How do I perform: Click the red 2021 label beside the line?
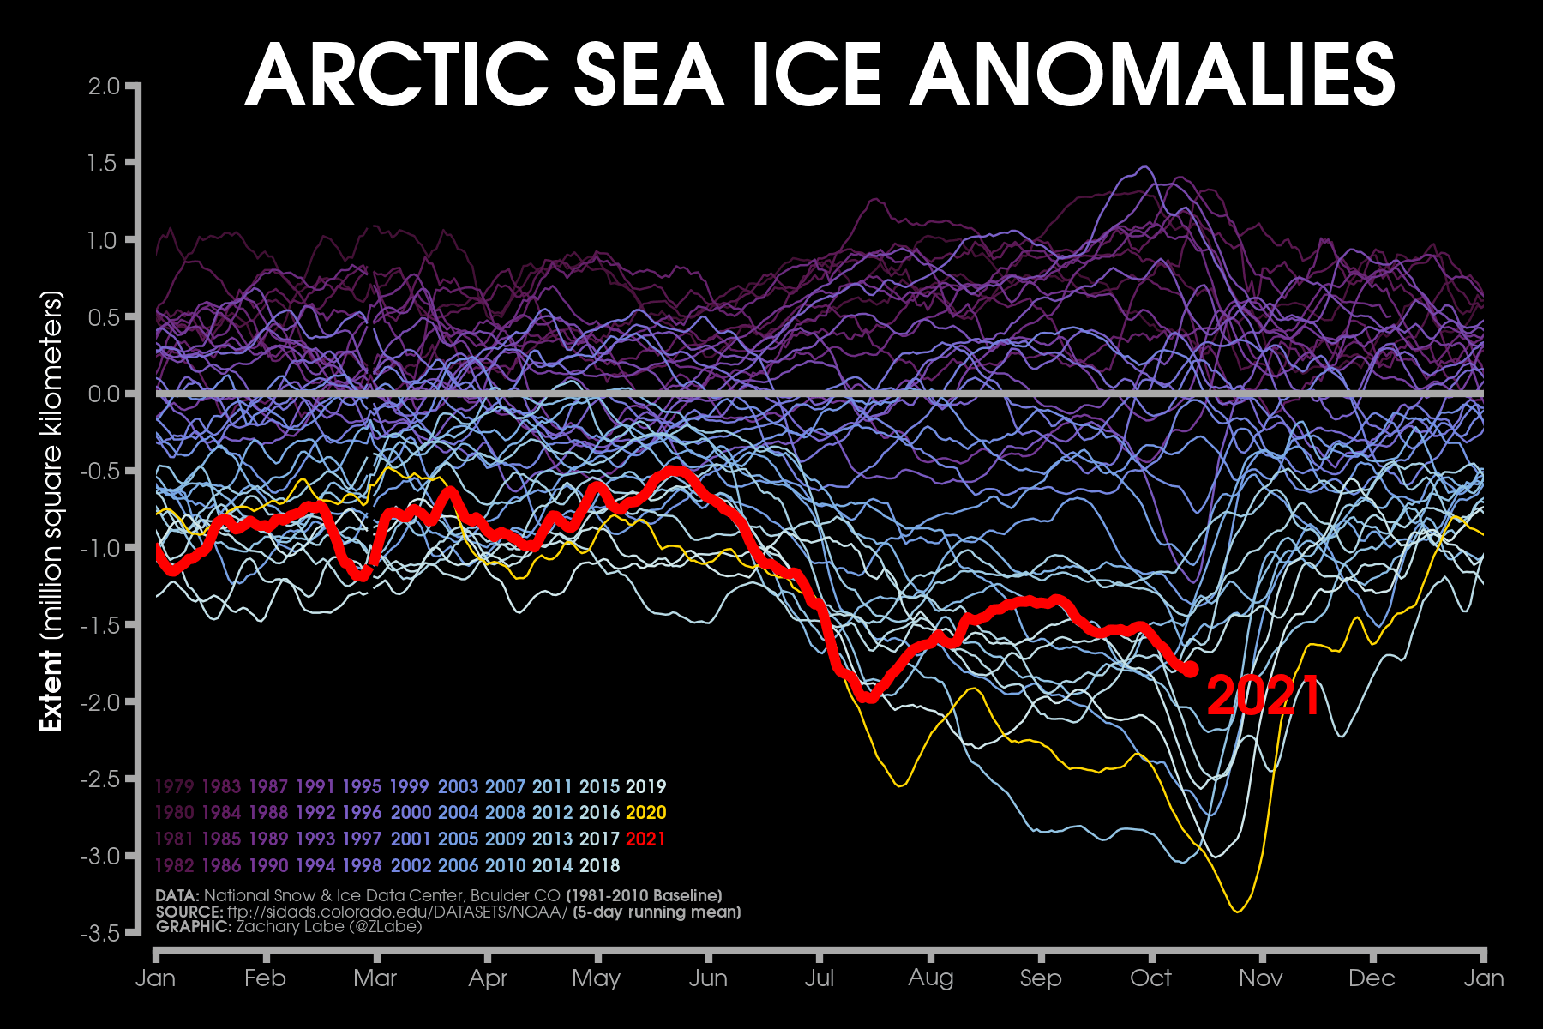(x=1264, y=695)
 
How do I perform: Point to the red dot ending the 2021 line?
(x=1190, y=669)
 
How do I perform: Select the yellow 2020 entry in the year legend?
(x=645, y=813)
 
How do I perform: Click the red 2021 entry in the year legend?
(x=645, y=839)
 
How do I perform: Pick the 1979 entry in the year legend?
(x=174, y=787)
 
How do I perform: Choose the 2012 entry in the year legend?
(x=551, y=813)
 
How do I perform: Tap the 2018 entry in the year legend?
(x=598, y=865)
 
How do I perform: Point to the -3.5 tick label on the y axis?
(x=100, y=932)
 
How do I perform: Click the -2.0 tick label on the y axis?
(x=100, y=701)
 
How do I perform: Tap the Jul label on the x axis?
(x=820, y=978)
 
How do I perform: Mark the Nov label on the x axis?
(x=1261, y=978)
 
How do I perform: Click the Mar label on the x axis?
(x=375, y=978)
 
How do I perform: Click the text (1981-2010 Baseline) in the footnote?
(x=644, y=896)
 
